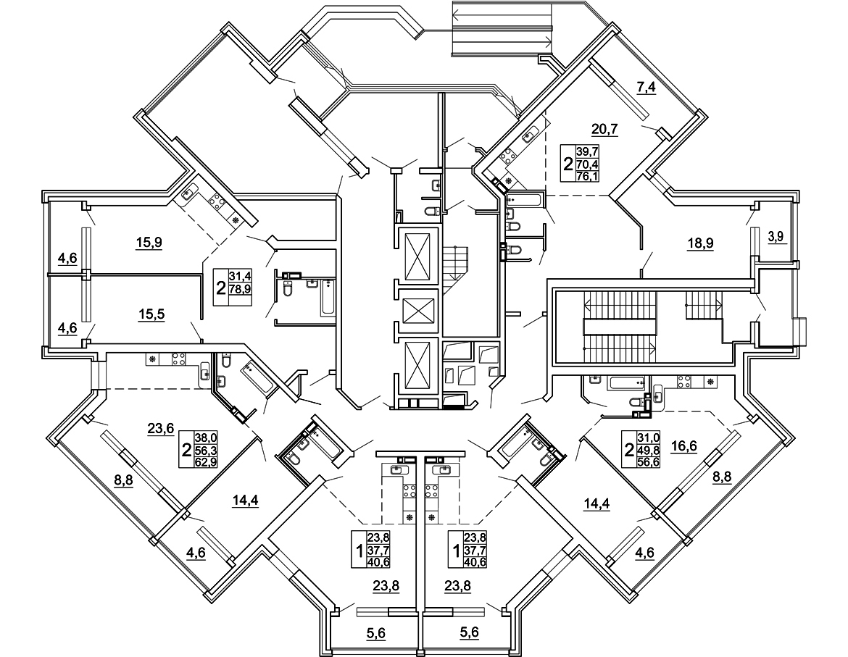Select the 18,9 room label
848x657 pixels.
pos(701,243)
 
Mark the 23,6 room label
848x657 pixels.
pos(159,428)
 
